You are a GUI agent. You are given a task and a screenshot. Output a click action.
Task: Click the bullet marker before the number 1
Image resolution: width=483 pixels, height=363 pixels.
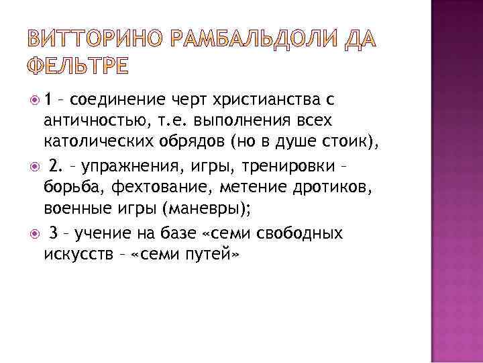coord(35,102)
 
